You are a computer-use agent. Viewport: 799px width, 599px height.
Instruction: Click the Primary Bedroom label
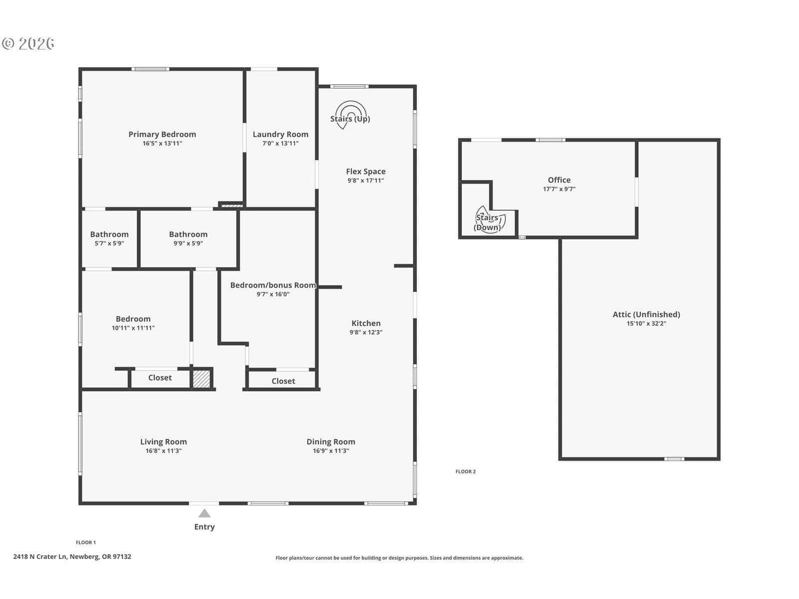pyautogui.click(x=162, y=134)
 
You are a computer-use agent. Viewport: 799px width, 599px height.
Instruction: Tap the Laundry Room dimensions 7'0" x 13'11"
pyautogui.click(x=280, y=143)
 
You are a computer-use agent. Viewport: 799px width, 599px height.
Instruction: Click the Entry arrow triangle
pyautogui.click(x=204, y=513)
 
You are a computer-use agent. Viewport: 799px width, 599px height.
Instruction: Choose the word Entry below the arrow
pyautogui.click(x=204, y=527)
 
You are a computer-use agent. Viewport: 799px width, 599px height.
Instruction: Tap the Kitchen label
pyautogui.click(x=366, y=323)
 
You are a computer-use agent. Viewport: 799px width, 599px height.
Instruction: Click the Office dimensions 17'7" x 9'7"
pyautogui.click(x=559, y=189)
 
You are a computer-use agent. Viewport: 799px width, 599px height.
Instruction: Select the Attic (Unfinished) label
pyautogui.click(x=646, y=314)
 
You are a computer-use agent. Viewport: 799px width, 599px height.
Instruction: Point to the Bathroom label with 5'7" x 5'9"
pyautogui.click(x=109, y=234)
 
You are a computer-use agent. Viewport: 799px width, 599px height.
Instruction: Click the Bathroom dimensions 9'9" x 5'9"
pyautogui.click(x=188, y=243)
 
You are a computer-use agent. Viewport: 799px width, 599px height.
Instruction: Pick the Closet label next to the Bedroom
pyautogui.click(x=160, y=377)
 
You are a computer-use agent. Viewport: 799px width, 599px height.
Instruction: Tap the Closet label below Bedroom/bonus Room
pyautogui.click(x=283, y=381)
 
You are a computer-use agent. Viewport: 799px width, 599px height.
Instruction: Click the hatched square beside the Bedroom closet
pyautogui.click(x=201, y=379)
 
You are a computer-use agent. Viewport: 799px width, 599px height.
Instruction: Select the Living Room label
pyautogui.click(x=163, y=442)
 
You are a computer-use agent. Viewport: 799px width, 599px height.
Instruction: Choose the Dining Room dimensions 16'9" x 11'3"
pyautogui.click(x=331, y=451)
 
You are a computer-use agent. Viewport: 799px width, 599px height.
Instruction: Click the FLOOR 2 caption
pyautogui.click(x=465, y=471)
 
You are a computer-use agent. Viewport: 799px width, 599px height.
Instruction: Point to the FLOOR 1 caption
pyautogui.click(x=86, y=542)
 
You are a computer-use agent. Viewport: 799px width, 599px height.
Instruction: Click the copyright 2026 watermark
pyautogui.click(x=28, y=43)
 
